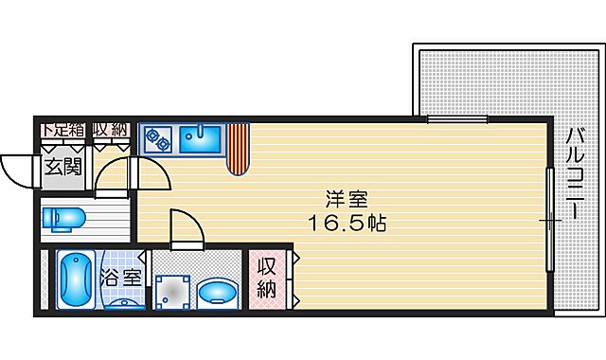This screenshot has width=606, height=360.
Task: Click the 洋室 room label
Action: [x=346, y=201]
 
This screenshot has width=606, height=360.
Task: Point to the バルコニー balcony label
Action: [x=575, y=175]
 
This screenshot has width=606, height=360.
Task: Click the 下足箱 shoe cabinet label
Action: [x=62, y=130]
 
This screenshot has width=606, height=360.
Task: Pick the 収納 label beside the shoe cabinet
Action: [x=111, y=130]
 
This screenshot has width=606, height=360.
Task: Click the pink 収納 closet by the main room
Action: [x=268, y=278]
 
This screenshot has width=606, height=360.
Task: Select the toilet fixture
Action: [x=62, y=219]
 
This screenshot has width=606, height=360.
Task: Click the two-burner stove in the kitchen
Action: [x=157, y=139]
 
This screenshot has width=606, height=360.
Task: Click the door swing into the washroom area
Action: [x=186, y=227]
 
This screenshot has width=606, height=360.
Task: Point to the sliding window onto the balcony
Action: [x=549, y=219]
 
